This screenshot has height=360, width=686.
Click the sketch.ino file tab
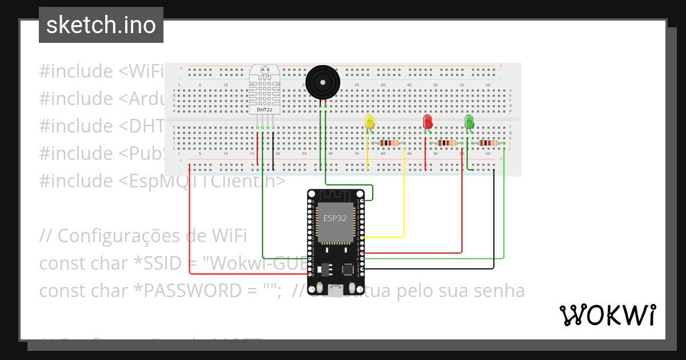coord(101,25)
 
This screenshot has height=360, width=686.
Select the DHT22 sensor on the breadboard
coord(264,94)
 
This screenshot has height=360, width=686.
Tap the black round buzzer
coord(322,83)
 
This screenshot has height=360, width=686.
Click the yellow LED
coord(369,122)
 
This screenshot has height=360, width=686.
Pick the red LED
coord(427,121)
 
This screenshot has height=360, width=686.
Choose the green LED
coord(469,121)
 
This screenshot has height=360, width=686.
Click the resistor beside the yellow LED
coord(389,143)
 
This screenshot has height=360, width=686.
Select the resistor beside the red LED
coord(446,143)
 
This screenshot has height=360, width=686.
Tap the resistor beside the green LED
coord(488,143)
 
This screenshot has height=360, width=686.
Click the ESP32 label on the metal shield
coord(334,218)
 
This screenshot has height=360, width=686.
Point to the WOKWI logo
coord(607,315)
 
